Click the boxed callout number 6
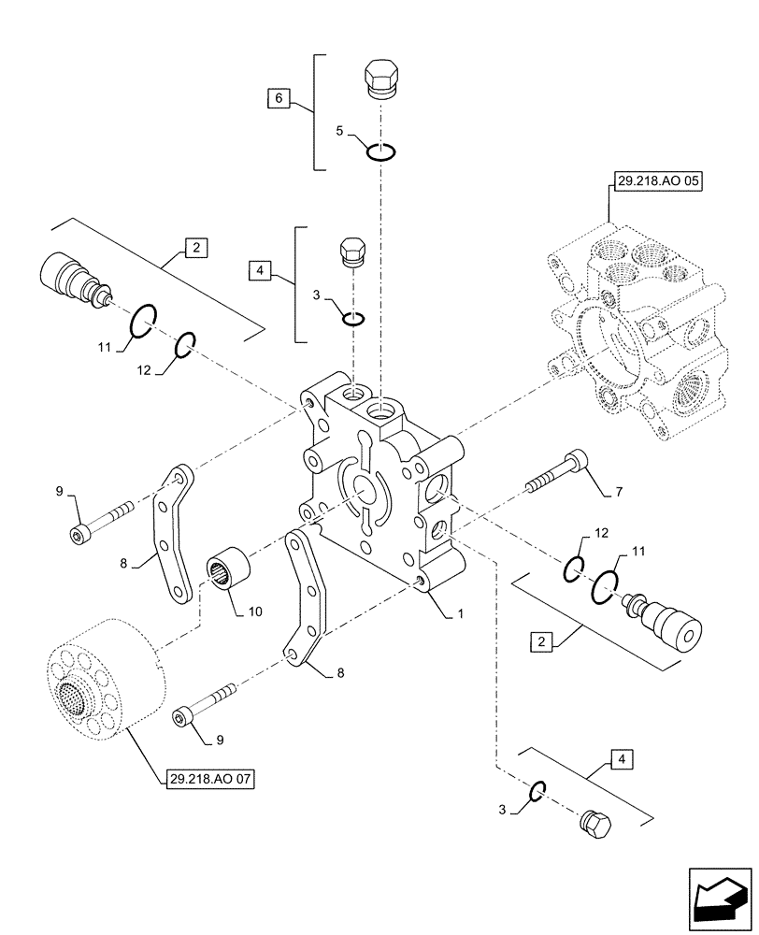[x=279, y=97]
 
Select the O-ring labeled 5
[x=382, y=152]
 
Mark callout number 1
[x=458, y=616]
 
